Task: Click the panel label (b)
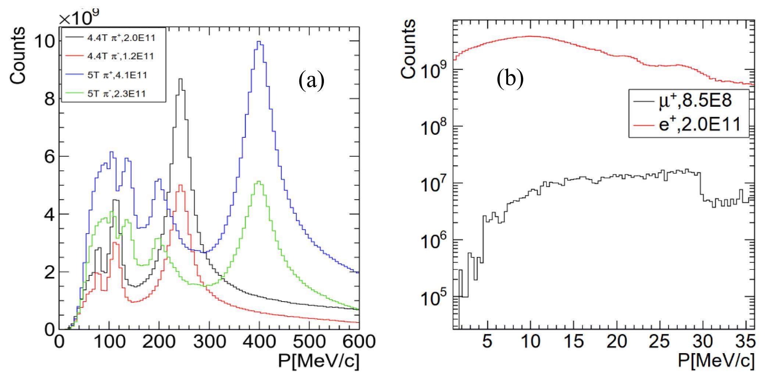(x=510, y=79)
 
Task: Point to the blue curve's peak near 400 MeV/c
(x=259, y=42)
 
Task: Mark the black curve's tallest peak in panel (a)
(x=180, y=79)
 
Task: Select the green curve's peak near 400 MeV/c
(x=259, y=182)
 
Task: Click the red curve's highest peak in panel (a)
(x=180, y=186)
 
